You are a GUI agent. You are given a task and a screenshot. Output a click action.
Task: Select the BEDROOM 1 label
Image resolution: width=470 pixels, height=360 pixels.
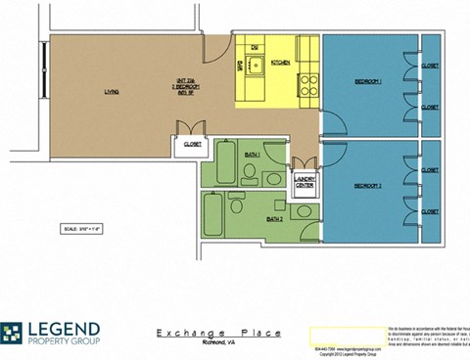tap(367, 81)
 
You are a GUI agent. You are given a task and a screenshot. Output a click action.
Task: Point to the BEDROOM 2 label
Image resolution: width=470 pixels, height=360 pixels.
tap(367, 184)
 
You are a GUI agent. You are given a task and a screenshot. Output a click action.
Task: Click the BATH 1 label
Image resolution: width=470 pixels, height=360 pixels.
tap(252, 155)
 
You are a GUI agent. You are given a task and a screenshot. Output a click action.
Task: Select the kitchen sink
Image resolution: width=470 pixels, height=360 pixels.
tap(254, 67)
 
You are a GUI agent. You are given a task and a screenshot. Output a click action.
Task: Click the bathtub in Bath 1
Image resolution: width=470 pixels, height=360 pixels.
tap(221, 163)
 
